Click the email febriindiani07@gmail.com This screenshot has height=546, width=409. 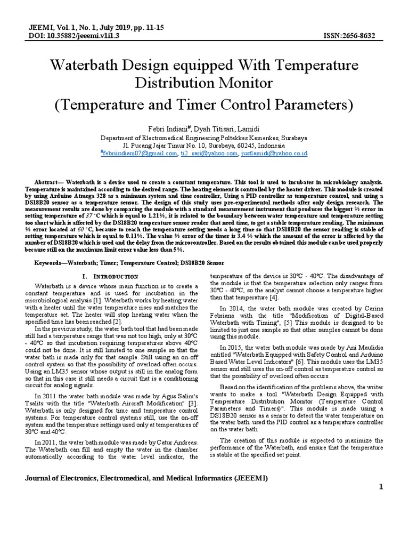(139, 154)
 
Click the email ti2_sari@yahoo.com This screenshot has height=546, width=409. (209, 154)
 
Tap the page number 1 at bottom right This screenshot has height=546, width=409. (381, 487)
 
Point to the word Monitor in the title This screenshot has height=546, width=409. (243, 83)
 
